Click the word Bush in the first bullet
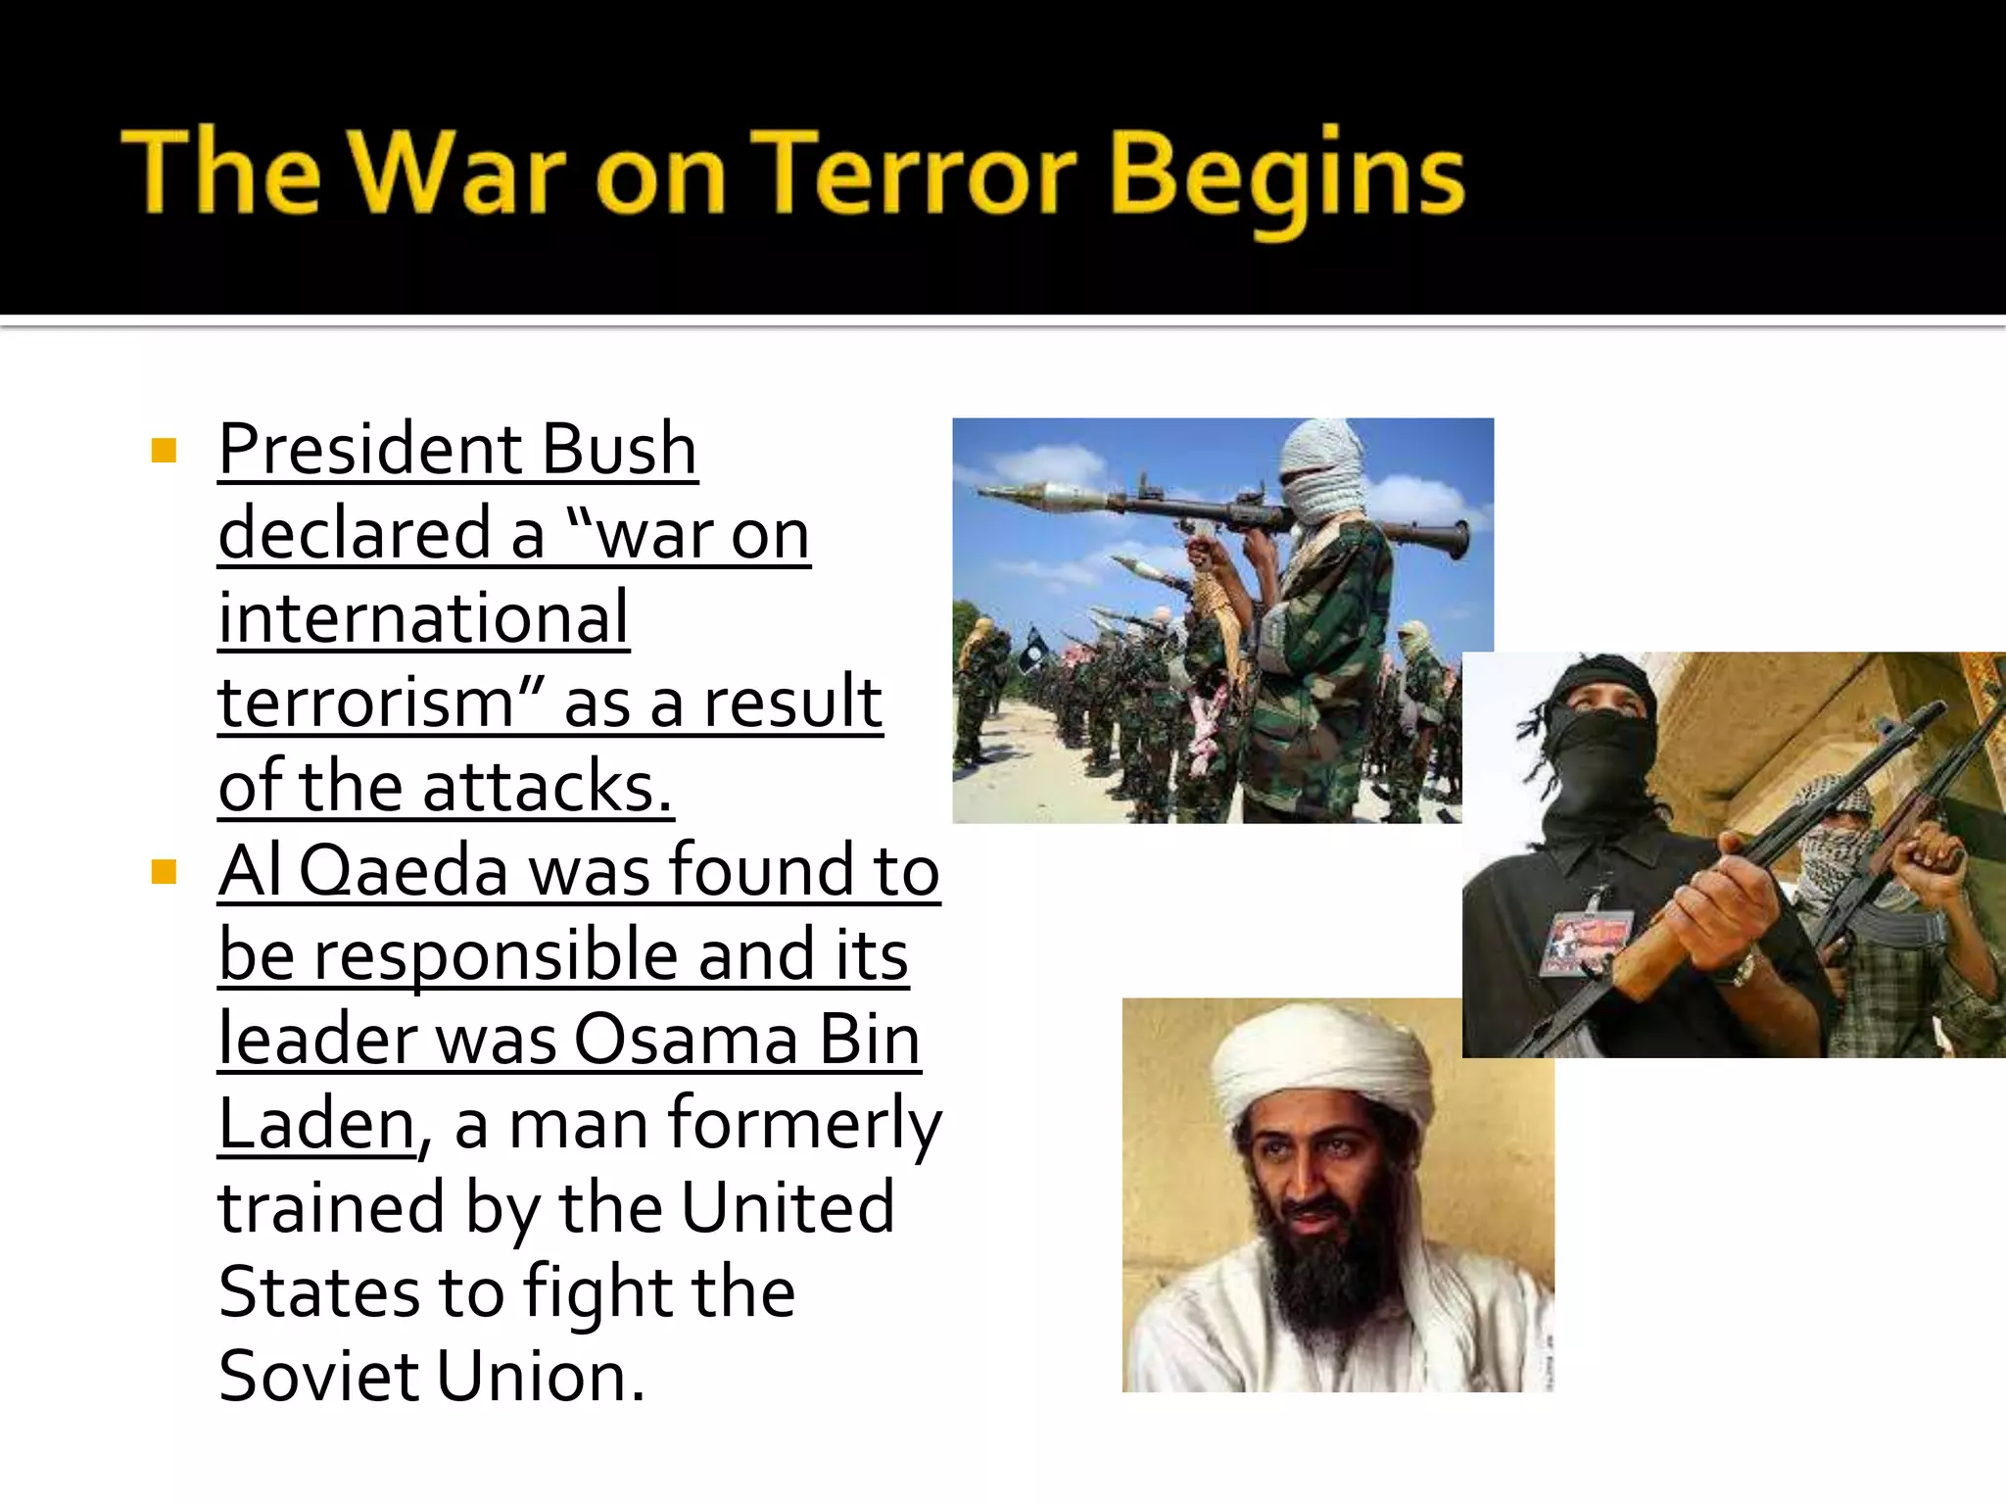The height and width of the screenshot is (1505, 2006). [x=619, y=451]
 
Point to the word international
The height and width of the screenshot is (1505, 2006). [x=423, y=619]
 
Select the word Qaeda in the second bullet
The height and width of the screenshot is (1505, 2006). [x=404, y=871]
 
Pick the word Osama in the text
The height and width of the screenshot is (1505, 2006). [x=686, y=1040]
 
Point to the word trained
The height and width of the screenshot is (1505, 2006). [x=331, y=1208]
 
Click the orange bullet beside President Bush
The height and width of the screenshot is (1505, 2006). [x=164, y=451]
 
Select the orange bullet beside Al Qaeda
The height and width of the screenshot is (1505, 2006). [x=164, y=871]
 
